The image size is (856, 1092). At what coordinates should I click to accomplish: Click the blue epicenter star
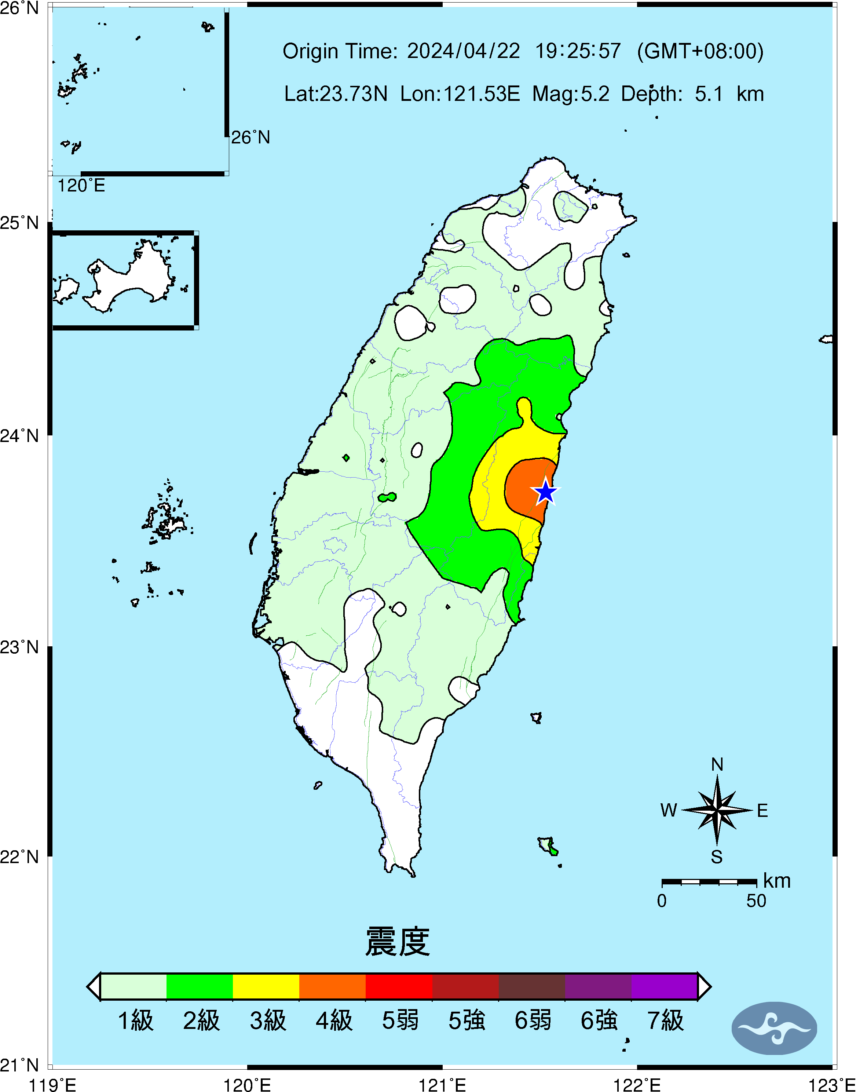click(x=545, y=492)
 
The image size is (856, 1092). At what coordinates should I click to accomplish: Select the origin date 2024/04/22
click(x=463, y=51)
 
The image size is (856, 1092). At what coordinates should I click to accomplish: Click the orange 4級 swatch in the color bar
click(x=332, y=986)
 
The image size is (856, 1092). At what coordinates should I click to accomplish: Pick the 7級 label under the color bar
click(x=665, y=1020)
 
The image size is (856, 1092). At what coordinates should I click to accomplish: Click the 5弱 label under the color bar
click(x=400, y=1020)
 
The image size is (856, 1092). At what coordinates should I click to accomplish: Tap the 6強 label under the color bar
click(x=599, y=1020)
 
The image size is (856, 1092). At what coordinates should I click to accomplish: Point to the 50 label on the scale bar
click(x=756, y=901)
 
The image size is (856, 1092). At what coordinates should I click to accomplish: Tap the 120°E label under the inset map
click(x=81, y=186)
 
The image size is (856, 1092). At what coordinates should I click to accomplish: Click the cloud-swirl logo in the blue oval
click(x=774, y=1028)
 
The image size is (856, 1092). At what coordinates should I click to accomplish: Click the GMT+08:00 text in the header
click(x=700, y=51)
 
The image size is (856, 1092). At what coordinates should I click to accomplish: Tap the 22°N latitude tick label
click(x=19, y=857)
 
